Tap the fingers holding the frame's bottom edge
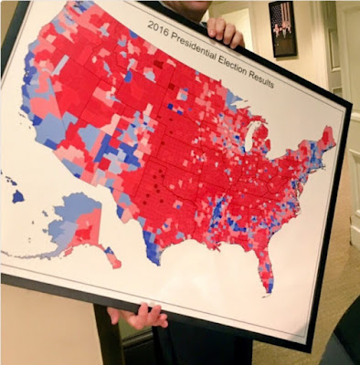(x=139, y=316)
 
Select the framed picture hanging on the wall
(x=282, y=28)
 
